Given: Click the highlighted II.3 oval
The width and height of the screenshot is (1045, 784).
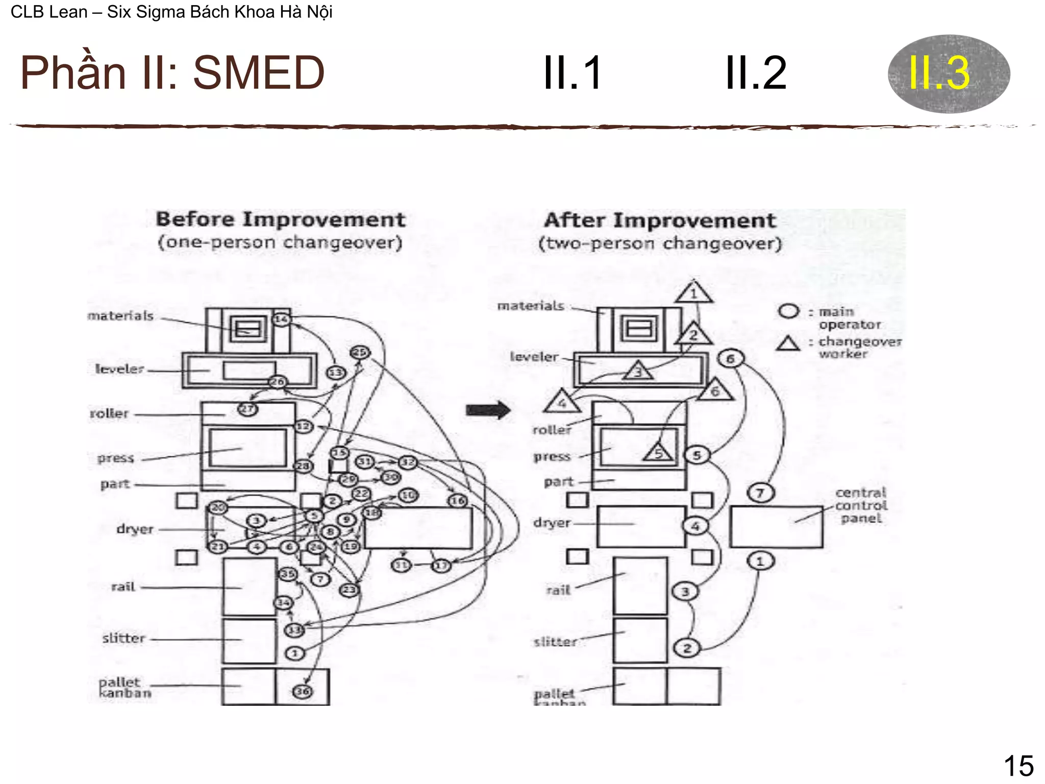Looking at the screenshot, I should pyautogui.click(x=948, y=73).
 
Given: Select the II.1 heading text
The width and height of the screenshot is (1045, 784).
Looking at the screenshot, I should pyautogui.click(x=573, y=73).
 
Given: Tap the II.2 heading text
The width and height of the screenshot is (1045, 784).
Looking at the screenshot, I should pyautogui.click(x=756, y=73).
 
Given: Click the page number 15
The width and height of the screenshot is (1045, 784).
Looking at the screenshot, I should pyautogui.click(x=1018, y=766).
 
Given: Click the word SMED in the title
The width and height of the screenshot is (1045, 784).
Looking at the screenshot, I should pyautogui.click(x=259, y=73).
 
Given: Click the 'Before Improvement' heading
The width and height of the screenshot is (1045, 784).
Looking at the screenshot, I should pyautogui.click(x=280, y=219).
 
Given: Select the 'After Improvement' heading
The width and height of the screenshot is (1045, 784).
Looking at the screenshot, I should pyautogui.click(x=660, y=220).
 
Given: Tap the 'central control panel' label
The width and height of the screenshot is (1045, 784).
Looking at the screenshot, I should pyautogui.click(x=861, y=505).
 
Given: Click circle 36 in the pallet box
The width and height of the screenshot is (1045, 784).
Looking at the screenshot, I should pyautogui.click(x=302, y=691).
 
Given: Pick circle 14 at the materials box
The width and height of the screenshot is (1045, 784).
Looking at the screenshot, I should pyautogui.click(x=282, y=320).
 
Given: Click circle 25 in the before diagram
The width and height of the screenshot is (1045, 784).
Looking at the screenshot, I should pyautogui.click(x=360, y=352).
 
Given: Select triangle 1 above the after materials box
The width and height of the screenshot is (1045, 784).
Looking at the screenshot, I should pyautogui.click(x=693, y=293).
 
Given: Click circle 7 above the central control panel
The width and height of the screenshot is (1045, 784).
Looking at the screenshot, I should pyautogui.click(x=760, y=493).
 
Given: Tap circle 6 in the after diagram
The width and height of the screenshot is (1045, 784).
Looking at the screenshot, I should pyautogui.click(x=730, y=359).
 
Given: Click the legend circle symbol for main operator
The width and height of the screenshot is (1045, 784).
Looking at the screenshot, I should pyautogui.click(x=789, y=311).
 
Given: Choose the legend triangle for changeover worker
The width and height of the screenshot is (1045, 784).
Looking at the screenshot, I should pyautogui.click(x=788, y=344).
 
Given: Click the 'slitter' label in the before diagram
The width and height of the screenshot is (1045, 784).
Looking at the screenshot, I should pyautogui.click(x=123, y=638).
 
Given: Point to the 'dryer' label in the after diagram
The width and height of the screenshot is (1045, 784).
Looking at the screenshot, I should pyautogui.click(x=552, y=523).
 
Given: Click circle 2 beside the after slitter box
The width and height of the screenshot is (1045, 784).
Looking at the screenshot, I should pyautogui.click(x=687, y=648).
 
